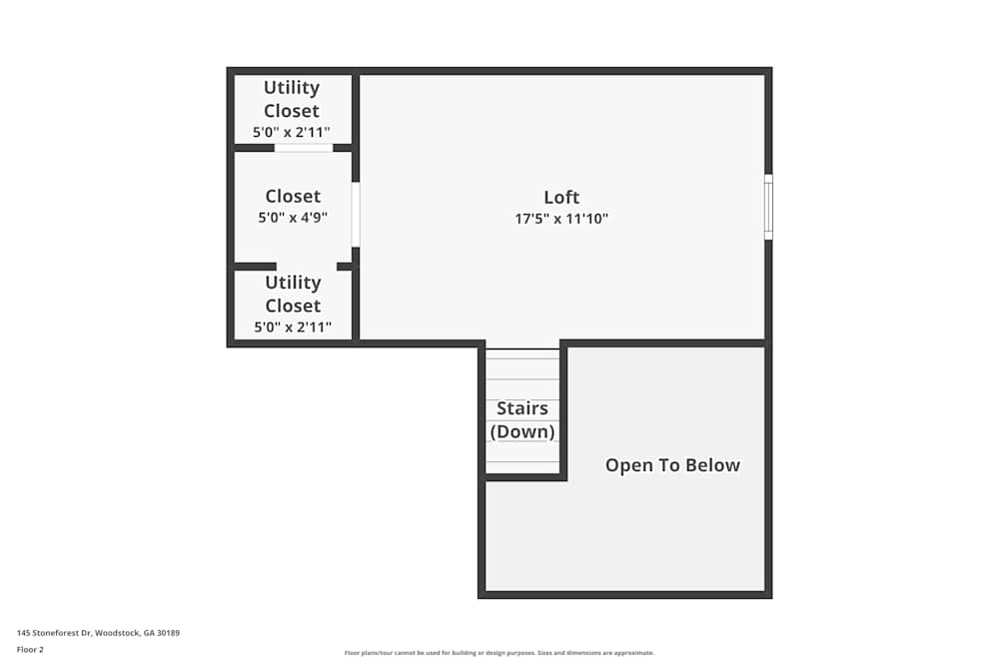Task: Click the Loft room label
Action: coord(561,197)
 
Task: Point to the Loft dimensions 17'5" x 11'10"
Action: coord(561,219)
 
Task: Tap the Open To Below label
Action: coord(672,465)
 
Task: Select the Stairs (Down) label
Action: coord(522,420)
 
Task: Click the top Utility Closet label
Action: coord(292,99)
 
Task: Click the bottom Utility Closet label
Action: coord(293,294)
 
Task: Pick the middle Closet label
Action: coord(293,196)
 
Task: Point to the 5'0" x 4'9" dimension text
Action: coord(293,217)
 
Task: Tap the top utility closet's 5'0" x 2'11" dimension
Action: coord(292,132)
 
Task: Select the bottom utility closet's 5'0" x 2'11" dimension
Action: coord(293,327)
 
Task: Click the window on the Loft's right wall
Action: coord(768,207)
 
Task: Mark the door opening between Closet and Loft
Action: coord(356,214)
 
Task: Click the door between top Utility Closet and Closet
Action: coord(304,148)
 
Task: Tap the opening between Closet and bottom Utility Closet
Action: coord(307,267)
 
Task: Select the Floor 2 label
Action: coord(30,649)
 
